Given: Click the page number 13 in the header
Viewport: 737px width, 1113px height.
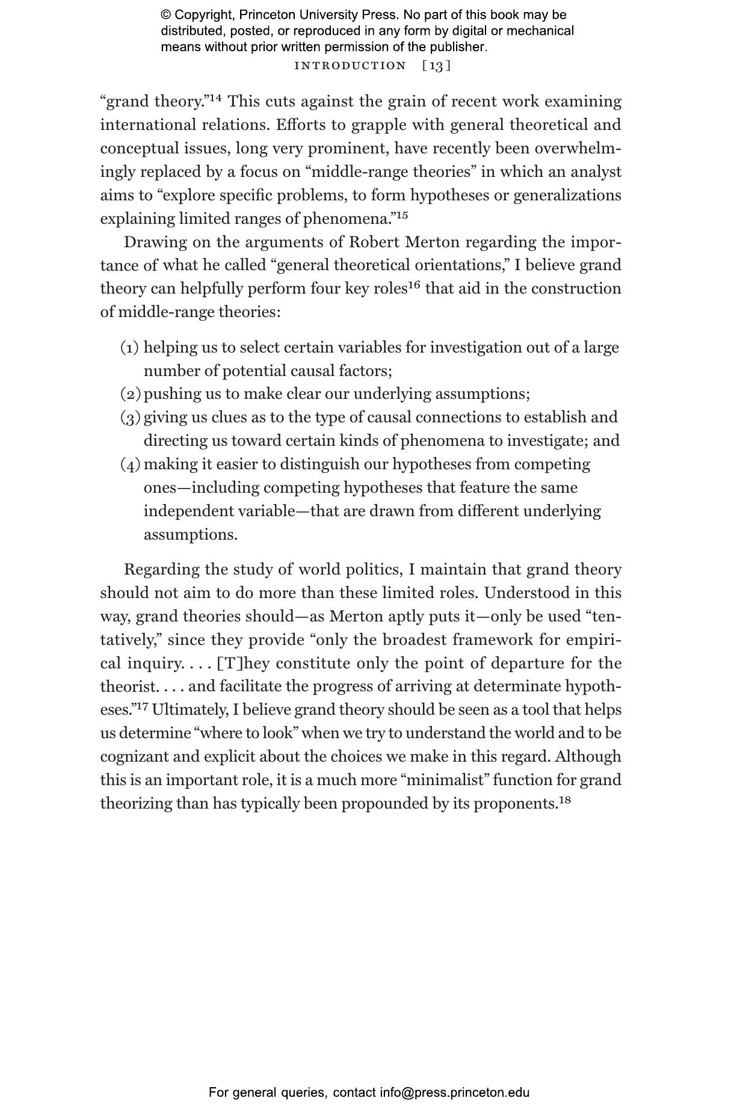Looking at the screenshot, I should coord(437,66).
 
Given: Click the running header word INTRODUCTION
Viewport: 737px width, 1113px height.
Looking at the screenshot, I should coord(350,66).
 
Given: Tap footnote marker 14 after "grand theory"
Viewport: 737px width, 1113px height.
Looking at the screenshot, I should coord(215,97).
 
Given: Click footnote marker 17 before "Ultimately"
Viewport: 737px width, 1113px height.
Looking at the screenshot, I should coord(142,706).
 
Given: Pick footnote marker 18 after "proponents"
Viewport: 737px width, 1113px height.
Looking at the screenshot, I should coord(564,800).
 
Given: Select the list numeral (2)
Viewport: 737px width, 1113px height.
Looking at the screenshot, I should coord(130,394).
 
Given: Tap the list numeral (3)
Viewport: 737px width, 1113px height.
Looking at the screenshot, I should coord(130,418).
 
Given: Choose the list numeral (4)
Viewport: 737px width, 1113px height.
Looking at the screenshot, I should coord(130,464).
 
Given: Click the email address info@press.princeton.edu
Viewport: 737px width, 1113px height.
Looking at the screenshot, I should coord(454,1093).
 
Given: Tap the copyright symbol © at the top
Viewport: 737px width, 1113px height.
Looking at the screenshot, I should coord(165,15).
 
